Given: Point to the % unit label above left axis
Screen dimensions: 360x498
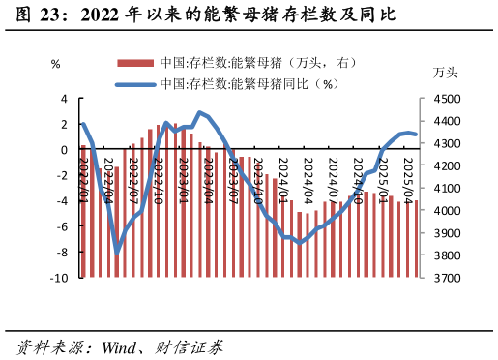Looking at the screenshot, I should click(55, 64).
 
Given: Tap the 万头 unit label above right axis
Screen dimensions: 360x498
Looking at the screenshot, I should click(446, 73).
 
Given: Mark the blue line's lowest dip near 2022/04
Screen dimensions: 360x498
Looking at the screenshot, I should click(117, 253).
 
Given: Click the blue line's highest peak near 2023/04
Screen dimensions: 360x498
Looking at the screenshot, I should click(199, 113).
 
